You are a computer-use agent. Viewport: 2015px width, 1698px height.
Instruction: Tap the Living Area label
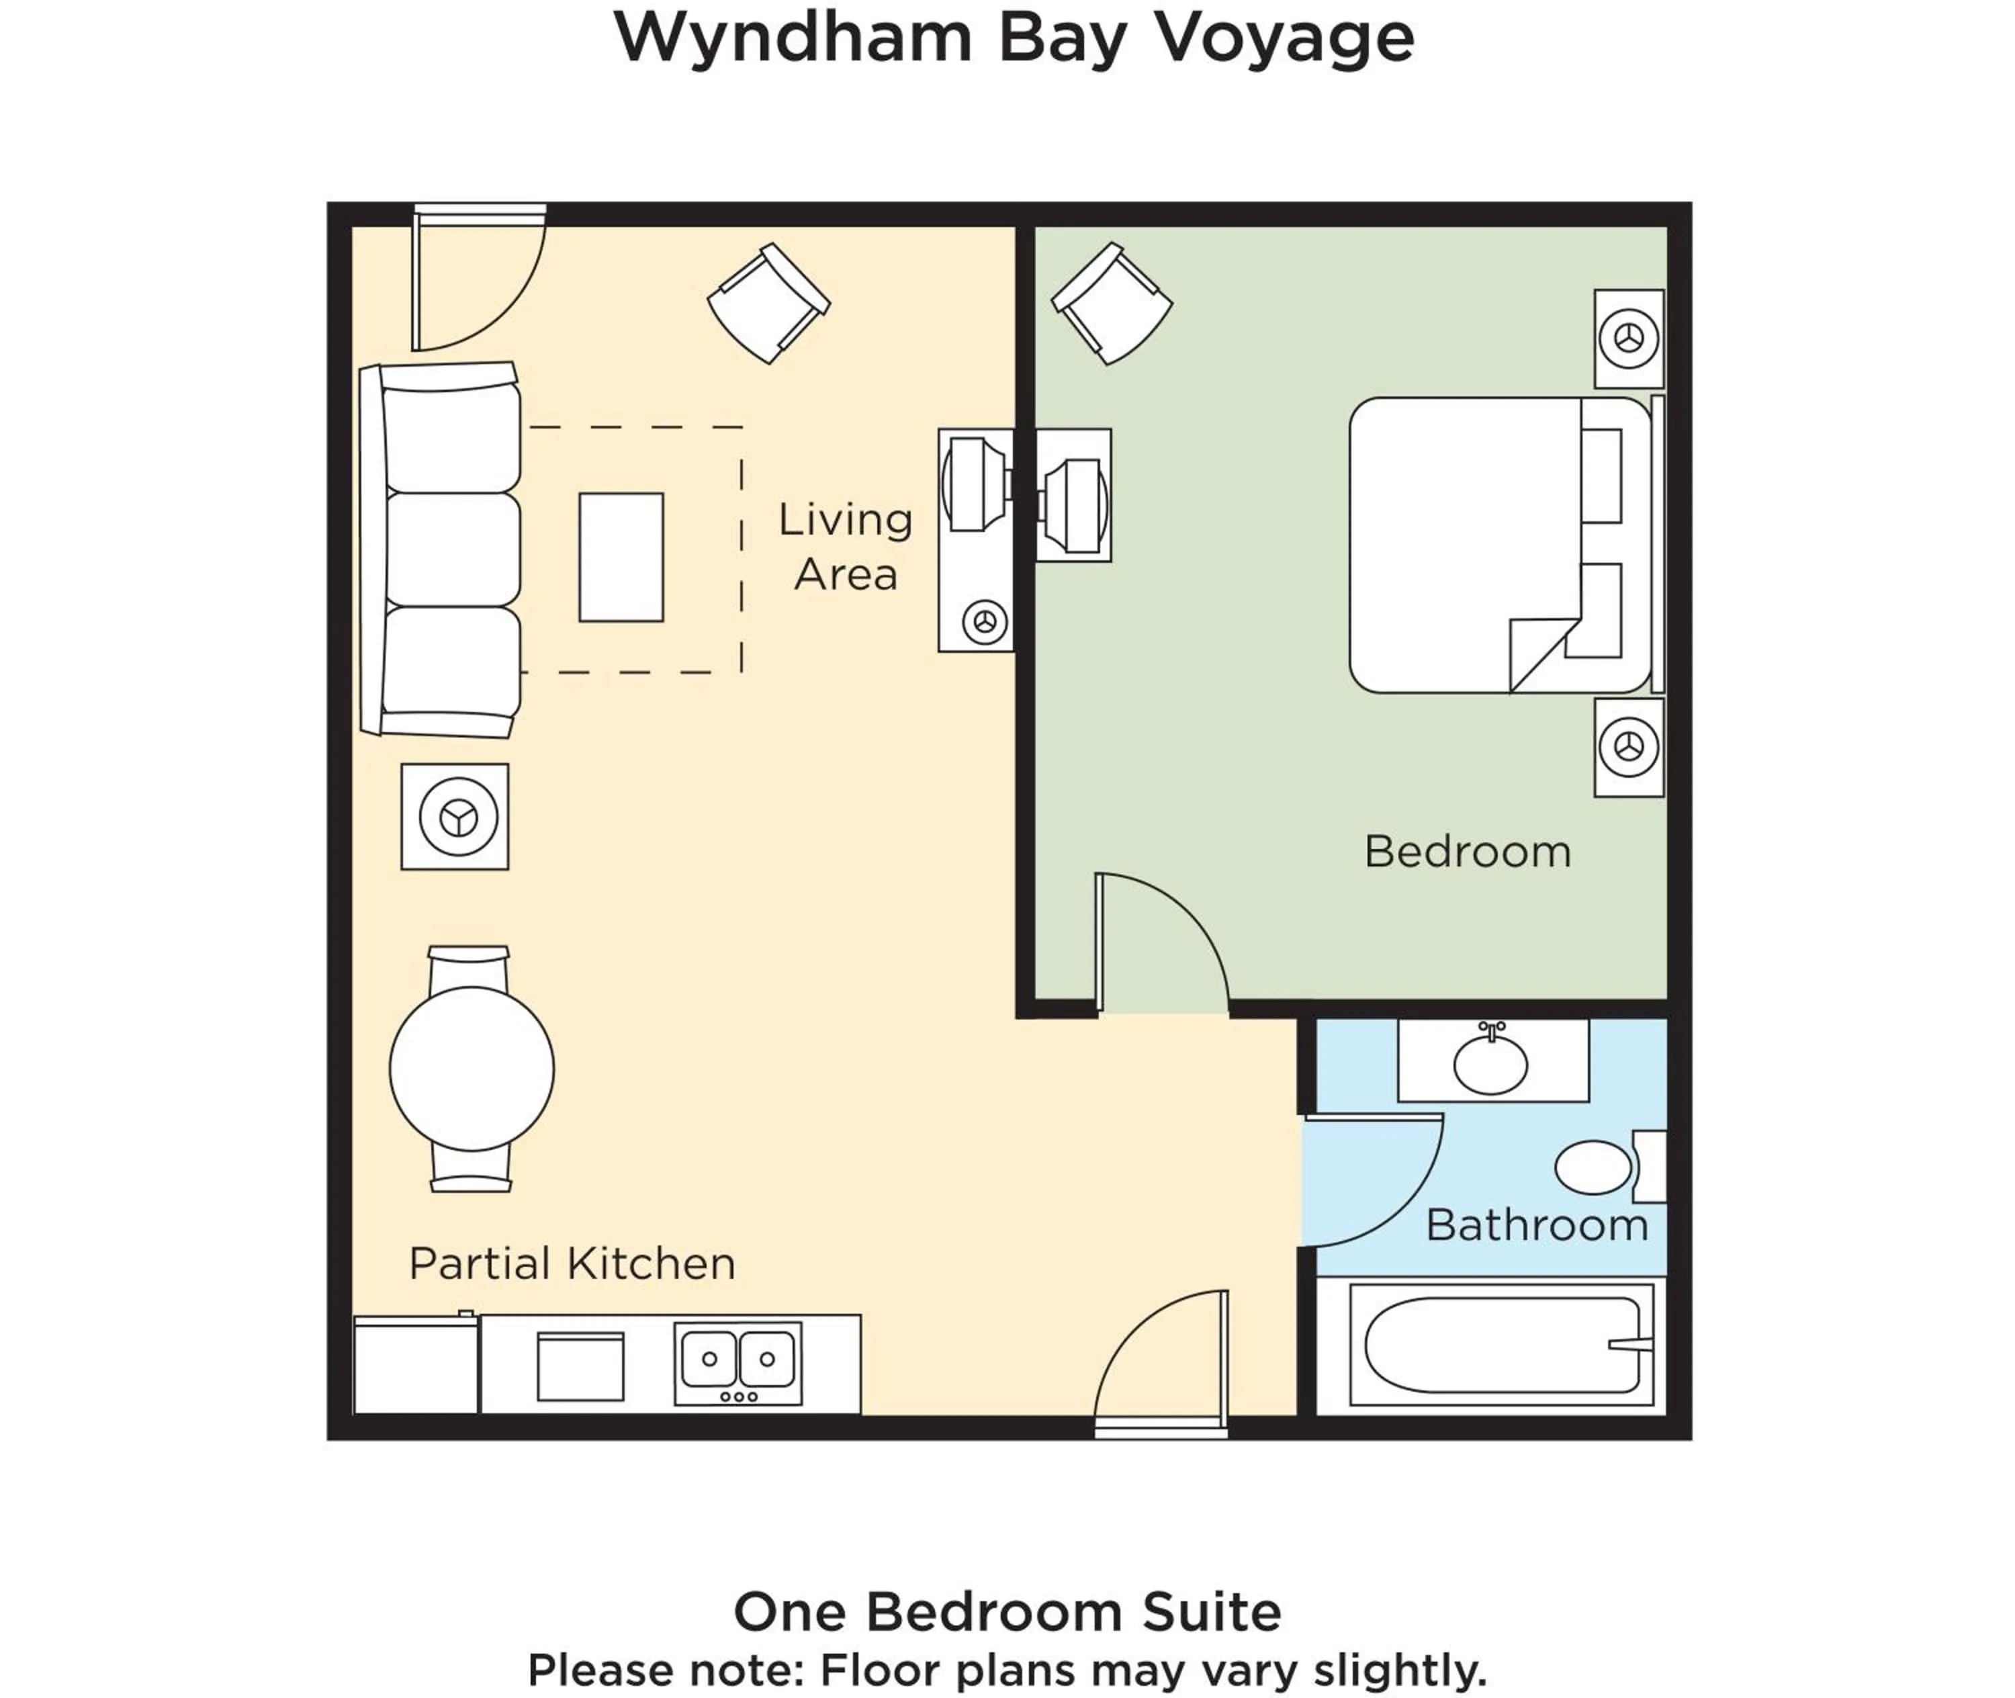845,547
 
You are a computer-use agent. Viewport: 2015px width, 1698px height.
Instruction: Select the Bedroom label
1467,852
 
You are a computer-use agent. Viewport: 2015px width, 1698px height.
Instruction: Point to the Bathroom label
1537,1225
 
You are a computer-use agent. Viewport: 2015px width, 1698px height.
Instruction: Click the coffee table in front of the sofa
621,557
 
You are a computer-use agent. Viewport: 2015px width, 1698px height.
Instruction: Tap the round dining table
472,1069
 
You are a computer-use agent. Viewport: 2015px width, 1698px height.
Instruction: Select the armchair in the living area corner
768,302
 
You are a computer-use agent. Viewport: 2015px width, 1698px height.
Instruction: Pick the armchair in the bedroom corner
1112,302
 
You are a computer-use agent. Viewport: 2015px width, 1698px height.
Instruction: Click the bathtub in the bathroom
1500,1345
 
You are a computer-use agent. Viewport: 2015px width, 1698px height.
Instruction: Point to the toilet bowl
1593,1167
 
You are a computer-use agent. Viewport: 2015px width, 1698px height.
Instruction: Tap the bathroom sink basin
1490,1065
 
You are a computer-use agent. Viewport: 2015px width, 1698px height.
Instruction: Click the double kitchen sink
738,1359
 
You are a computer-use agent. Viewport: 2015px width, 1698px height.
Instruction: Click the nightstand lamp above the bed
1629,339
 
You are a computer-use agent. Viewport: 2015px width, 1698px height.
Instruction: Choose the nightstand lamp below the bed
1629,747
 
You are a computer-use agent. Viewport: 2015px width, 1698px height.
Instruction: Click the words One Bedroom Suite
1007,1611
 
